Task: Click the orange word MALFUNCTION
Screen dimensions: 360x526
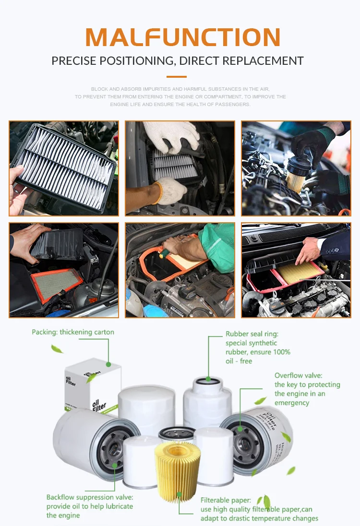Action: [183, 37]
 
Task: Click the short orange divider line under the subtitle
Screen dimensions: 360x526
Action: [177, 77]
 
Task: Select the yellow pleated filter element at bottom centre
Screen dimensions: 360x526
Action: [178, 471]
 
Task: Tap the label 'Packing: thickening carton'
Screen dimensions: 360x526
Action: [73, 332]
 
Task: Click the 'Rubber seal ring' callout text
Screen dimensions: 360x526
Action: [258, 347]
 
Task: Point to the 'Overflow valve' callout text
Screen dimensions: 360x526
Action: [307, 389]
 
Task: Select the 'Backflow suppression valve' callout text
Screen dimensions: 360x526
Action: [90, 506]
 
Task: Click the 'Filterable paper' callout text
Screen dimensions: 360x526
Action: [259, 509]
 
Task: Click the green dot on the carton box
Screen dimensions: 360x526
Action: [108, 364]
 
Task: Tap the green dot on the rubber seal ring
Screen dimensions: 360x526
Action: [208, 379]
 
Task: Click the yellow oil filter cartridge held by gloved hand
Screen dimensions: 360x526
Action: [296, 178]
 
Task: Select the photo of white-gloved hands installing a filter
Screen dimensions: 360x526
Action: [180, 168]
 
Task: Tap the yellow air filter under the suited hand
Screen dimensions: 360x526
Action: [300, 271]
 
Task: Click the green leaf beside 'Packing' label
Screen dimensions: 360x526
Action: [57, 349]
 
